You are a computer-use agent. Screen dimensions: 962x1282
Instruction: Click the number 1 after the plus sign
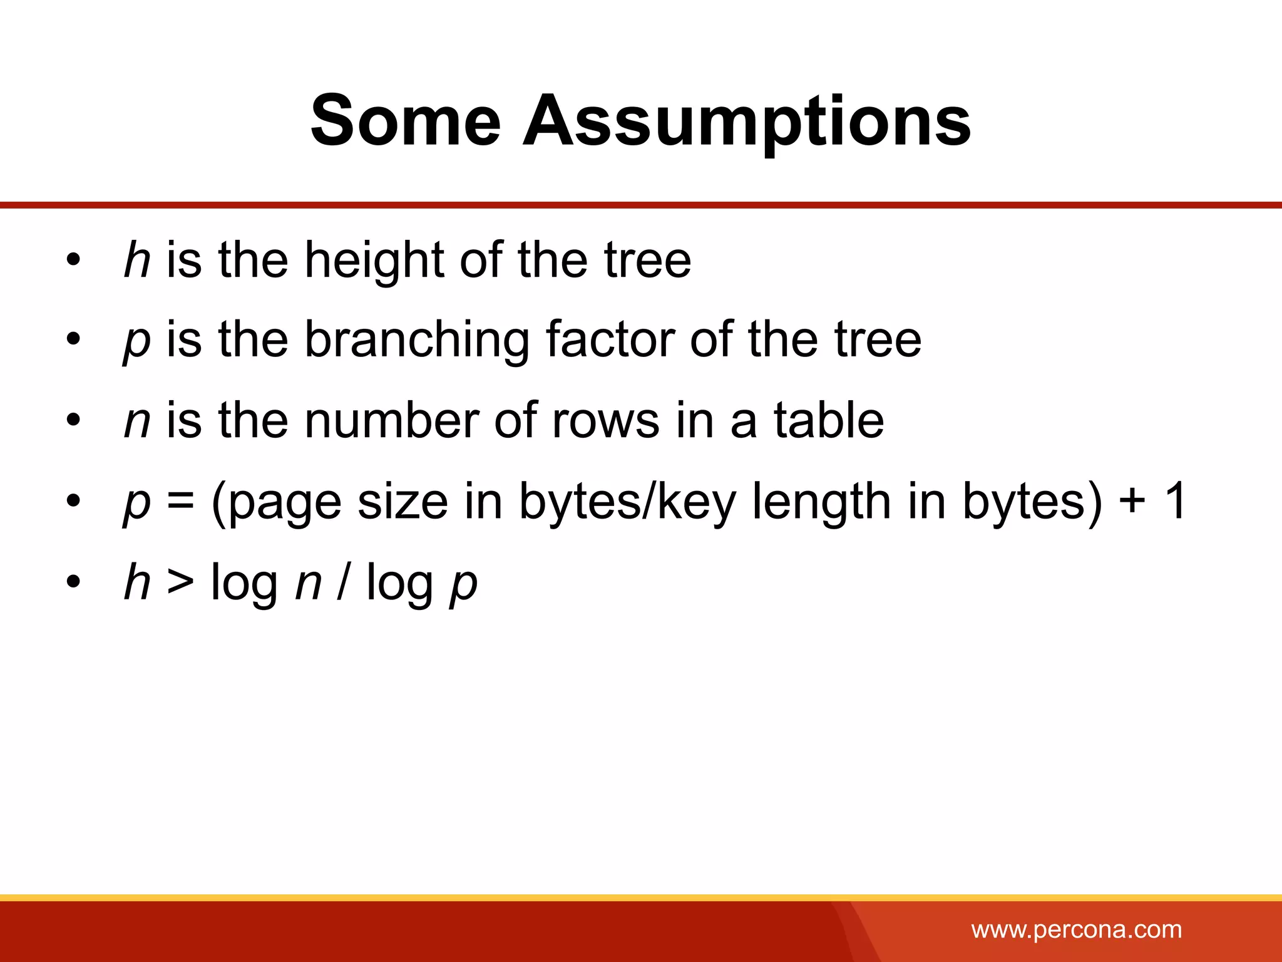click(x=1174, y=501)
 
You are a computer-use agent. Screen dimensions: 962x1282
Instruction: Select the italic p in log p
click(x=464, y=585)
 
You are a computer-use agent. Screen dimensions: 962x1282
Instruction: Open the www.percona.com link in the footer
click(x=1076, y=929)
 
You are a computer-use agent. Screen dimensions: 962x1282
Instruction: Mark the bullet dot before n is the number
click(x=74, y=420)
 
